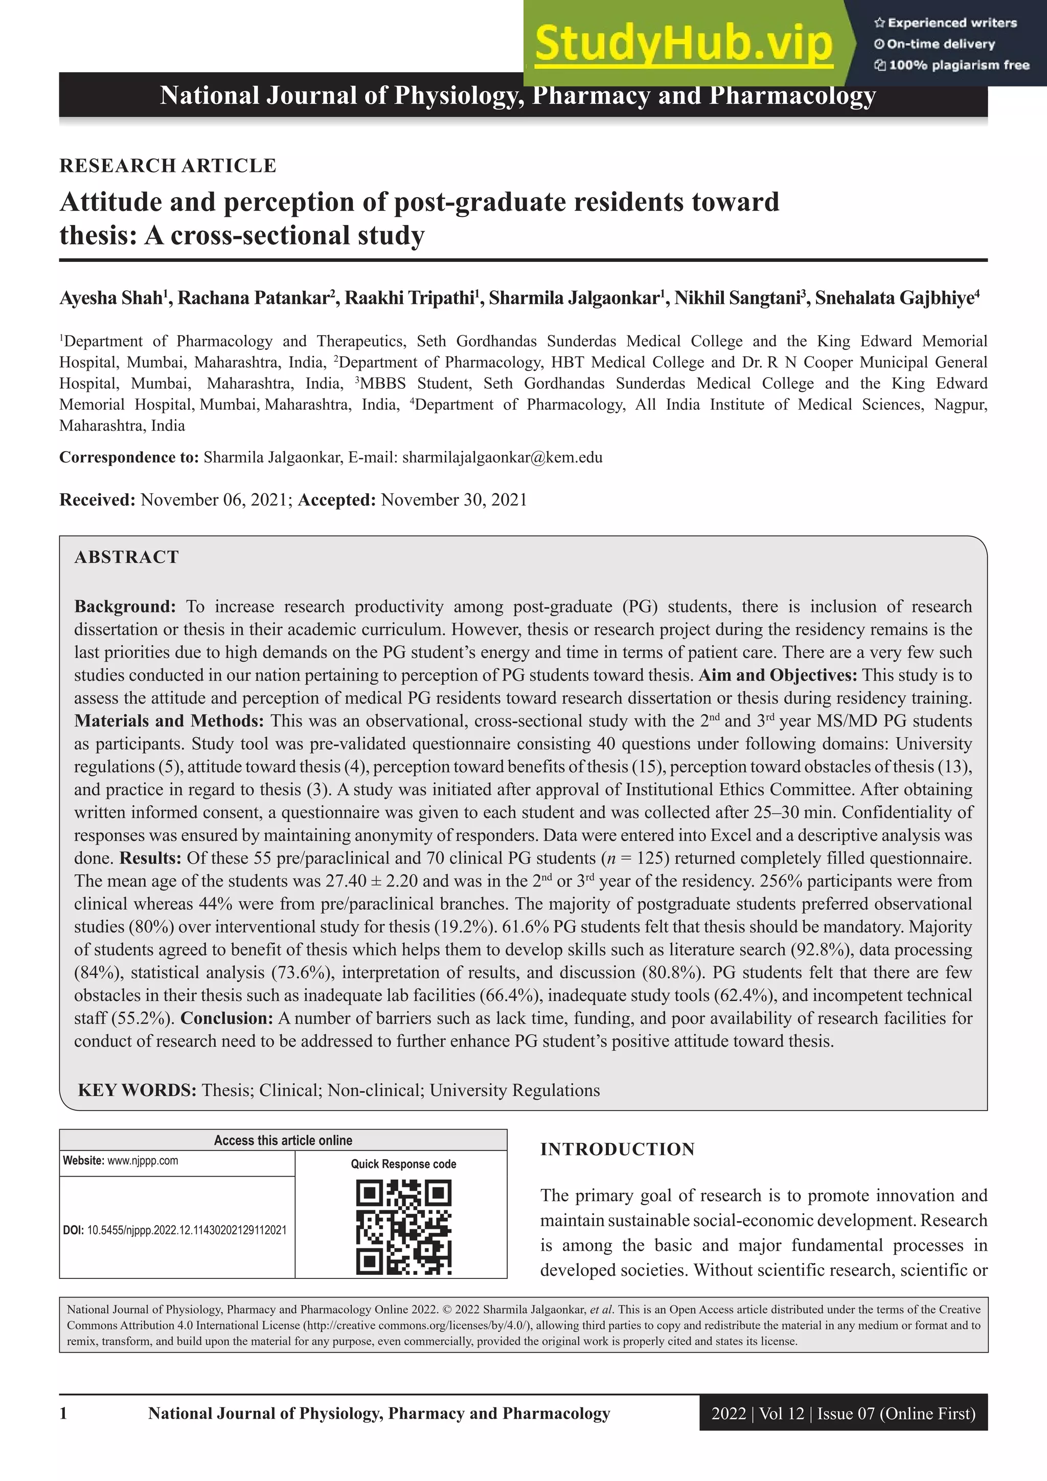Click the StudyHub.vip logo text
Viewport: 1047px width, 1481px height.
coord(684,44)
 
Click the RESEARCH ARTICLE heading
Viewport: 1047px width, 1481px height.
coord(168,166)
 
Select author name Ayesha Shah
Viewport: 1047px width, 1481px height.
coord(111,298)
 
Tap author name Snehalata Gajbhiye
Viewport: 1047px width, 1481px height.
coord(894,298)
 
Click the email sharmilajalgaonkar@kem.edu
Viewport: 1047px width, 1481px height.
coord(502,457)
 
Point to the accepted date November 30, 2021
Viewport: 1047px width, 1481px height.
coord(454,500)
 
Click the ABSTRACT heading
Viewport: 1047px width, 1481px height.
coord(126,557)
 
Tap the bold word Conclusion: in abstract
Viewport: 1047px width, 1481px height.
coord(227,1018)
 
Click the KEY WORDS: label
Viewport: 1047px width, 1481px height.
coord(138,1090)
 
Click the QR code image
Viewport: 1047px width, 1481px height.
coord(403,1227)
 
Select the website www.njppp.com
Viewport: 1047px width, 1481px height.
coord(143,1160)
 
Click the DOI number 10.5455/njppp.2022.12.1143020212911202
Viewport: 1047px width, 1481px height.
coord(186,1230)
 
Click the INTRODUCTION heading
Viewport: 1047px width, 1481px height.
coord(617,1150)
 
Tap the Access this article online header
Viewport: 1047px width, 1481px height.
coord(283,1140)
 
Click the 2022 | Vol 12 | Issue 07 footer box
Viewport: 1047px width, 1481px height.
coord(843,1414)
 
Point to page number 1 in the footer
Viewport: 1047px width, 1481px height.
coord(63,1414)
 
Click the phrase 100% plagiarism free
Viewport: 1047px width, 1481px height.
coord(959,65)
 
